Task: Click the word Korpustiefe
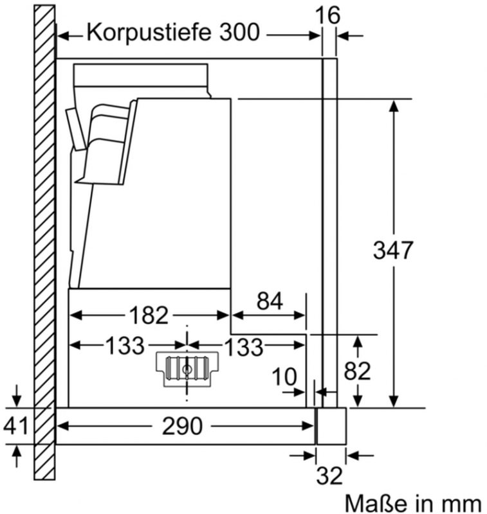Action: tap(149, 33)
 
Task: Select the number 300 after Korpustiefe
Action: tap(239, 33)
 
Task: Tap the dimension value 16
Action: tap(327, 15)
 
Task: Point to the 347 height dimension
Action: tap(393, 250)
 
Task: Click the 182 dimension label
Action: tap(149, 315)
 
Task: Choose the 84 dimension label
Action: tap(270, 301)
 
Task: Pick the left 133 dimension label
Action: tap(125, 346)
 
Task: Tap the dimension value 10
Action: tap(284, 377)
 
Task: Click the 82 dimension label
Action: tap(357, 371)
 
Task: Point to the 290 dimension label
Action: tap(182, 426)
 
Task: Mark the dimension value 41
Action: tap(15, 426)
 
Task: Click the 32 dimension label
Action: tap(329, 475)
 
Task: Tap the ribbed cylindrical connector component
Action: tap(187, 369)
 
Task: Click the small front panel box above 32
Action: tap(331, 426)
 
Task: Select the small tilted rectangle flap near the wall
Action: tap(76, 130)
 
